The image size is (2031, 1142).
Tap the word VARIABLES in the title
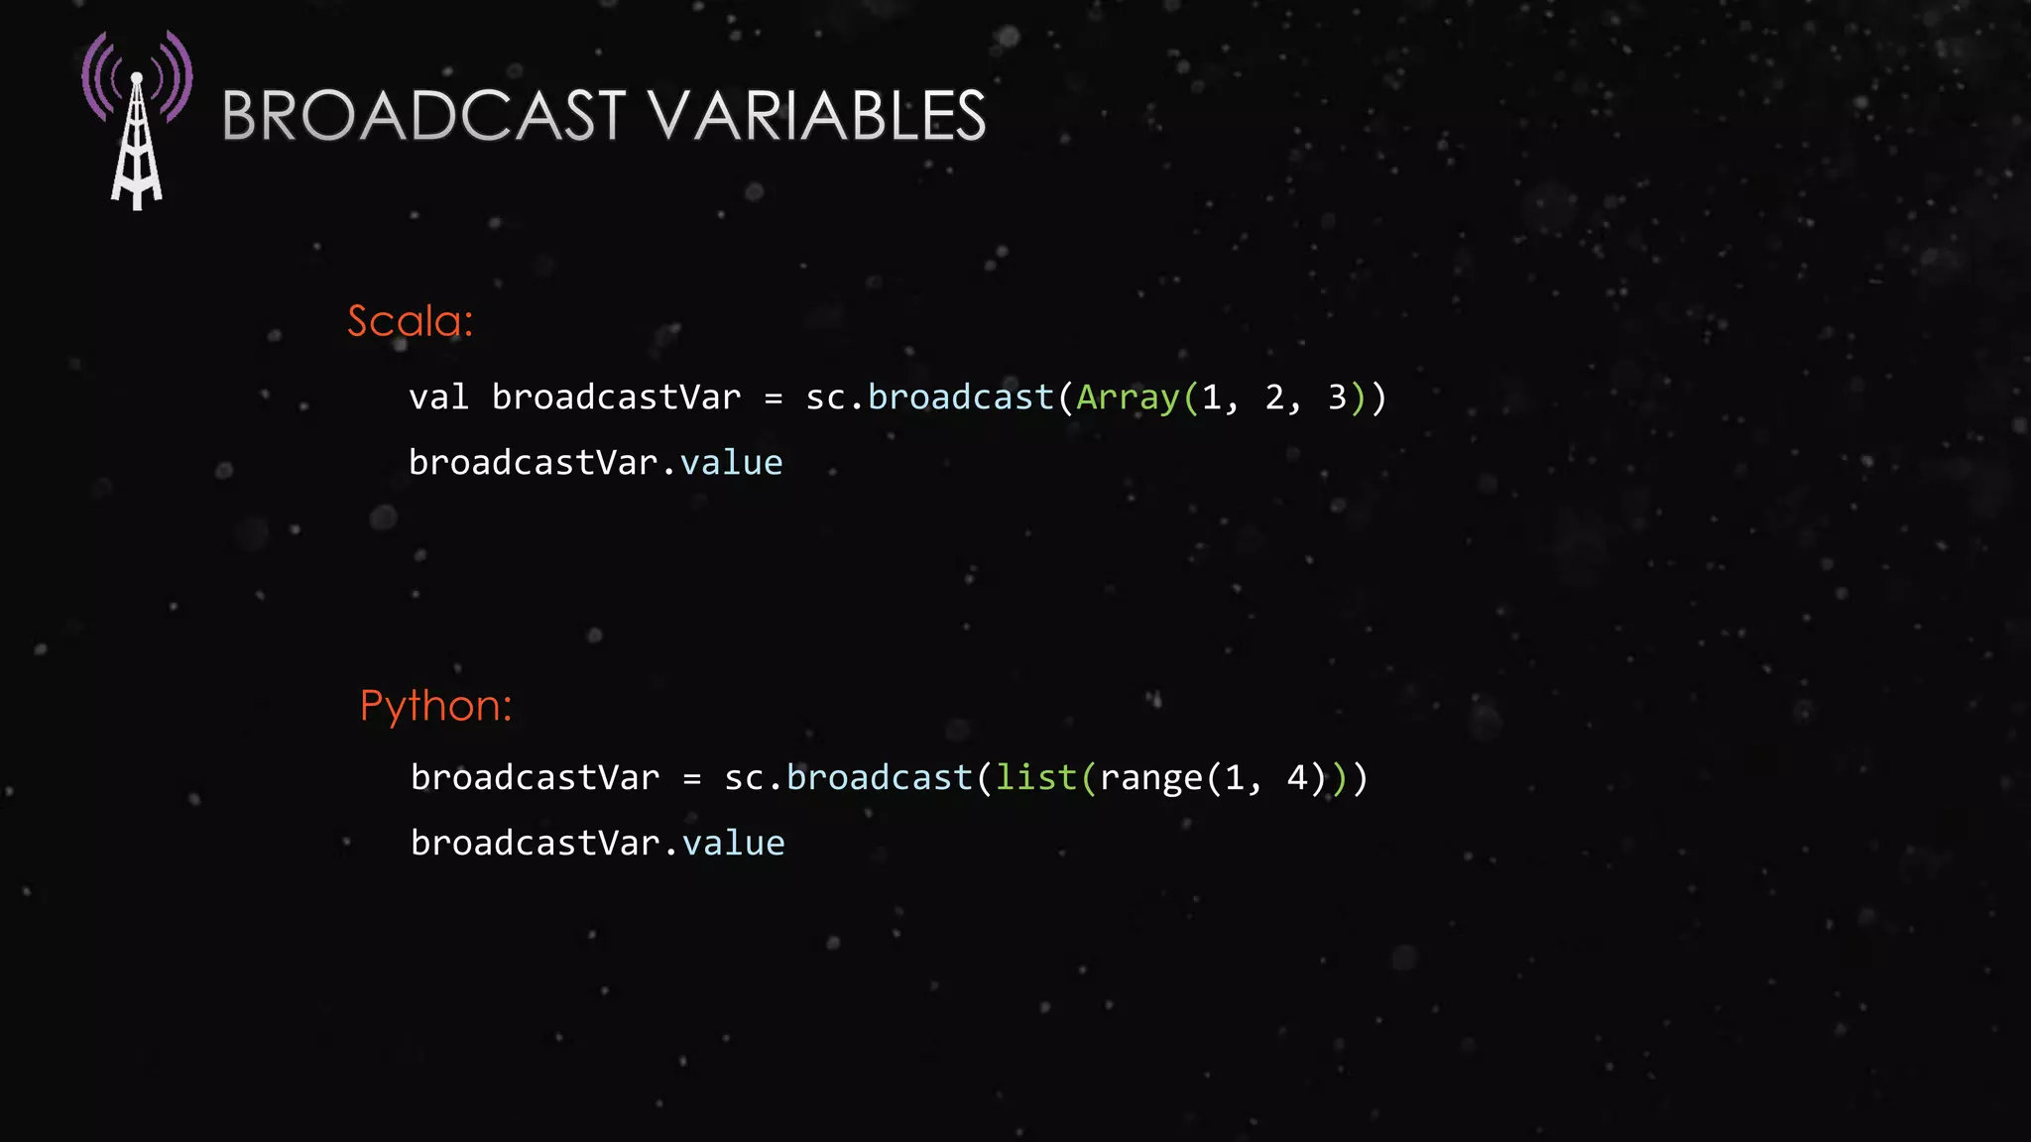pos(818,116)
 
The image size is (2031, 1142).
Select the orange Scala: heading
pos(410,321)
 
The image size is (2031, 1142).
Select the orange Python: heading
pos(435,706)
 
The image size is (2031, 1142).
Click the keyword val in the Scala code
pos(438,398)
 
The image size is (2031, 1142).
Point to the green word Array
pos(1128,398)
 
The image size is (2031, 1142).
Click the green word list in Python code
pos(1035,778)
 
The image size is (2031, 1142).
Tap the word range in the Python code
pos(1150,778)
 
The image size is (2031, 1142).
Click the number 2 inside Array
pos(1274,398)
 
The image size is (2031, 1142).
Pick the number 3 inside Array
pos(1337,398)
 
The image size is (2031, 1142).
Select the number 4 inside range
pos(1297,778)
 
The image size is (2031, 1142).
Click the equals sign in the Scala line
pos(774,399)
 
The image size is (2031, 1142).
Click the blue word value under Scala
pos(731,463)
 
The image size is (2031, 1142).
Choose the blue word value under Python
pos(733,844)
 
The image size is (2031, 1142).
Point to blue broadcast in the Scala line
pos(960,398)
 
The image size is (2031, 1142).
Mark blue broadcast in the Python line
pos(879,778)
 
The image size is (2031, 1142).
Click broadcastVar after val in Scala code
pos(616,398)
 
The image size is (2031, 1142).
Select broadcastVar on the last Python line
pos(535,844)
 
